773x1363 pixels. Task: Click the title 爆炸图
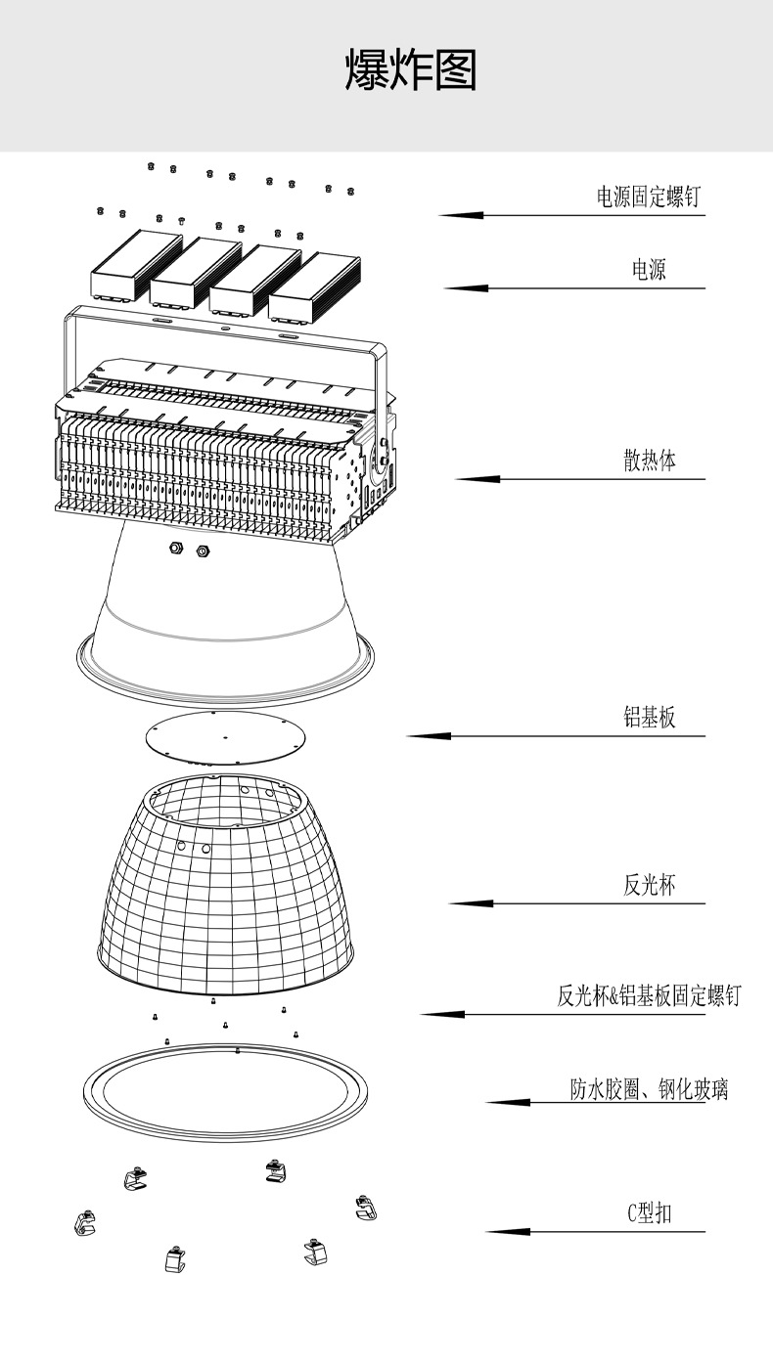point(411,71)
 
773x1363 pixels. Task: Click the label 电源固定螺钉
point(649,197)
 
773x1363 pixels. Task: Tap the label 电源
point(649,270)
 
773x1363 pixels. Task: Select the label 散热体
point(650,461)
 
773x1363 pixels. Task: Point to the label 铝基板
point(650,719)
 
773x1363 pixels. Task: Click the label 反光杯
point(650,886)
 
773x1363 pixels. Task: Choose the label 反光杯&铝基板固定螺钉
point(650,996)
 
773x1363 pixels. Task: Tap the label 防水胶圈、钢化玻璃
point(650,1089)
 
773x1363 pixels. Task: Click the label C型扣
point(650,1214)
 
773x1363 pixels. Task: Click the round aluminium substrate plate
point(224,737)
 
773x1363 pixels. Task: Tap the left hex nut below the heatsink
point(177,548)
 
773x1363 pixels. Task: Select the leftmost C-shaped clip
point(85,1221)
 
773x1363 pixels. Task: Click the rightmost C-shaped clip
point(365,1208)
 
